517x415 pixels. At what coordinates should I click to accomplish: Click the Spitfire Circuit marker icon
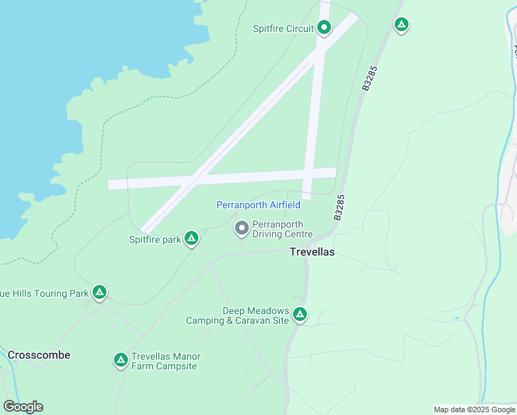[324, 28]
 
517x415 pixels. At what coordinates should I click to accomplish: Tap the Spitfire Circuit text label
[284, 28]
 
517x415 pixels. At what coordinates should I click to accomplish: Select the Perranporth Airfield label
[258, 205]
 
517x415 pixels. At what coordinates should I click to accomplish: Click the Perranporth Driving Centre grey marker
[242, 228]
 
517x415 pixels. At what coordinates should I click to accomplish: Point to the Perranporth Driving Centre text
[282, 229]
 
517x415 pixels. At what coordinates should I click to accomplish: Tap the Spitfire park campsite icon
[191, 239]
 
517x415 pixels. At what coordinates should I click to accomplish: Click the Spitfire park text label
[155, 240]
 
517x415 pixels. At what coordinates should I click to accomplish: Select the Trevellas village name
[311, 252]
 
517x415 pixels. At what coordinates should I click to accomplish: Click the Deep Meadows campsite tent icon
[299, 315]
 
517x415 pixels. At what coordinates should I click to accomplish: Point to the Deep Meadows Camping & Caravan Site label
[237, 315]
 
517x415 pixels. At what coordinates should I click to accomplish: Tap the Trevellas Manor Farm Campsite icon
[120, 360]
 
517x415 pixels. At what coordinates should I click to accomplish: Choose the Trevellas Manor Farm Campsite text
[166, 361]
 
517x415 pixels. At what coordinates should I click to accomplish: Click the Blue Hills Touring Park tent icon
[100, 293]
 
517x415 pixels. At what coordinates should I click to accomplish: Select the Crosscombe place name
[39, 355]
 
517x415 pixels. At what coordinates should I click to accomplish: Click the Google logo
[23, 407]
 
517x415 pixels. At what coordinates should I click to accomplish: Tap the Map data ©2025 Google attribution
[475, 409]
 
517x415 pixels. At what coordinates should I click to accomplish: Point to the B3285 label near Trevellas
[339, 207]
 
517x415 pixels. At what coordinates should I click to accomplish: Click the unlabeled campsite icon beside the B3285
[401, 26]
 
